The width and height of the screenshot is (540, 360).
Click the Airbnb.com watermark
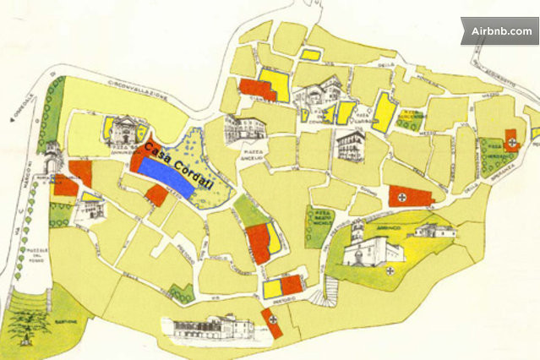coord(501,31)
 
